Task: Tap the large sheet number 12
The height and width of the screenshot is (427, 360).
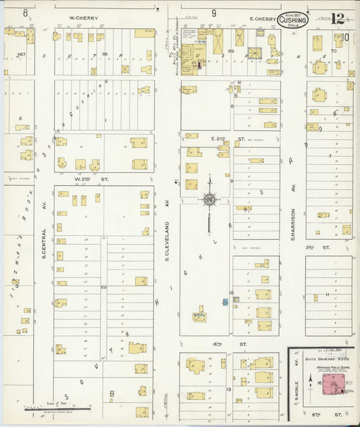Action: coord(338,22)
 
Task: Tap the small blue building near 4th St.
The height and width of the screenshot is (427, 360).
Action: coord(225,301)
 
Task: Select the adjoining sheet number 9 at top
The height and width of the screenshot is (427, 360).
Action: coord(213,12)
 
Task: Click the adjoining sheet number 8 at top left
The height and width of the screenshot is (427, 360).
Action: coord(25,12)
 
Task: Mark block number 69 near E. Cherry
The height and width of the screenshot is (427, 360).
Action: coord(230,51)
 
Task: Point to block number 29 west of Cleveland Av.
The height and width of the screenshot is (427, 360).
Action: coord(104,286)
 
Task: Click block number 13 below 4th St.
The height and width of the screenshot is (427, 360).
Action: coord(230,389)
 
